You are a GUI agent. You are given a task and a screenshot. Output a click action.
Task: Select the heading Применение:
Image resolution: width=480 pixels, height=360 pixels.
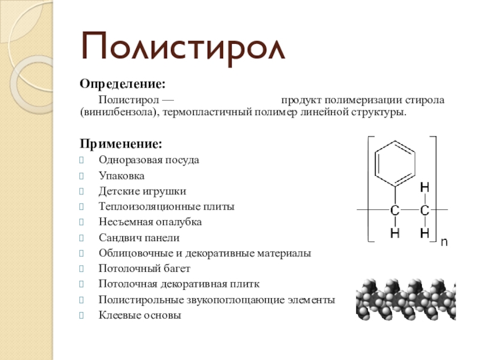point(121,145)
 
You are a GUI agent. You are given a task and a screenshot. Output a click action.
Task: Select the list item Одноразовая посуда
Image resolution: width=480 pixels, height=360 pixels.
point(149,160)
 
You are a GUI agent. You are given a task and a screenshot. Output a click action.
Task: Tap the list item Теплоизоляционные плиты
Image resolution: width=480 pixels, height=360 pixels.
point(166,206)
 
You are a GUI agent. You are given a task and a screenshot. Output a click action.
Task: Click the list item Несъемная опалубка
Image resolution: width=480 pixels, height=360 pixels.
point(150,222)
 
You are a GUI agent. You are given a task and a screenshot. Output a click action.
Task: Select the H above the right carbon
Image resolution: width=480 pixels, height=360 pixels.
point(424,188)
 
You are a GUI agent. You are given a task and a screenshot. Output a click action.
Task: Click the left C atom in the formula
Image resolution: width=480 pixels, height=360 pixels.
point(395,210)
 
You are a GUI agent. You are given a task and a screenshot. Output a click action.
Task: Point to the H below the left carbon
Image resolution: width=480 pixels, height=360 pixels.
point(395,233)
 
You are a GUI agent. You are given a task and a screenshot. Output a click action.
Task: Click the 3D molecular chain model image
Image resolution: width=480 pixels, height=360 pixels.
point(414,297)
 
